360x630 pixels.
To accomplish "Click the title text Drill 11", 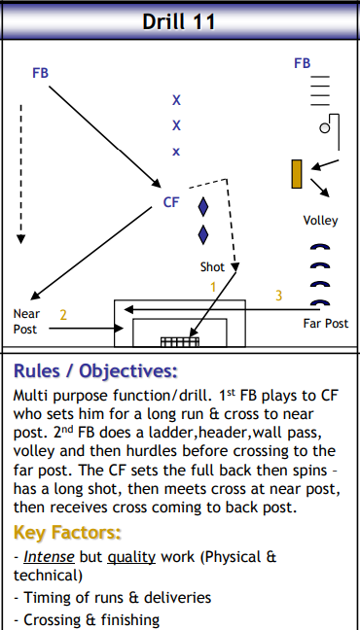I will click(x=180, y=20).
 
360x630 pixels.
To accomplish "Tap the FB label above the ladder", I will click(x=303, y=63).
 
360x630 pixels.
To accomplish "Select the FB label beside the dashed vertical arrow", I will click(x=41, y=73).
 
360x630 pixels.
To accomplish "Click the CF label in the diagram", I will click(x=171, y=202).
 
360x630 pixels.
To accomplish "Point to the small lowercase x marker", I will click(x=176, y=151).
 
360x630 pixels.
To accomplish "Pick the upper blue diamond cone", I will click(x=203, y=206).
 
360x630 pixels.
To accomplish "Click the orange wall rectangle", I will click(x=297, y=173).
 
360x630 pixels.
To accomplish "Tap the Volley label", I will click(x=320, y=221).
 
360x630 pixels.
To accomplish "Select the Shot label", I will click(x=212, y=266).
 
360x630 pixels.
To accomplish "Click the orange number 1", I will click(x=213, y=287).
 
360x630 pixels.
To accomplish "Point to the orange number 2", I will click(x=63, y=315).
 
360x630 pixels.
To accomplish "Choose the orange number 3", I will click(x=278, y=295).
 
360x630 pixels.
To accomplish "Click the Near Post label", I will click(x=25, y=322).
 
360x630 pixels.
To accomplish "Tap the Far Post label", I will click(x=325, y=323).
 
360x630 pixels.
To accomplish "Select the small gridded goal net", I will click(x=179, y=341).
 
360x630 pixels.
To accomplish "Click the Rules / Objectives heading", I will click(x=95, y=371).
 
